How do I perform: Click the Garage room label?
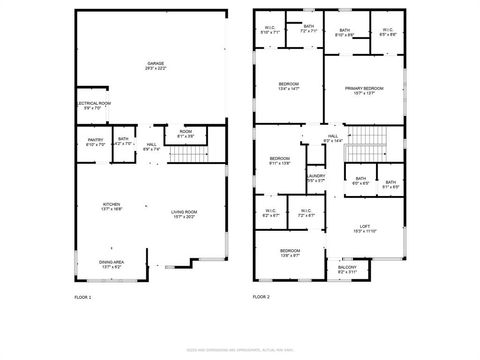[x=155, y=65]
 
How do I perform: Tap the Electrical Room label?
[x=93, y=104]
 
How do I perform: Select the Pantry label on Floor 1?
[x=96, y=141]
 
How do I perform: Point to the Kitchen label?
[x=111, y=205]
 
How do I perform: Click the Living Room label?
[x=183, y=212]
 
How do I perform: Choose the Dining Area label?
[x=111, y=264]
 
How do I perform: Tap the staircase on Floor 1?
[x=185, y=153]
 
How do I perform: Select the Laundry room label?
[x=316, y=178]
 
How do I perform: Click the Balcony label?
[x=347, y=268]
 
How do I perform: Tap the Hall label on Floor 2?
[x=333, y=138]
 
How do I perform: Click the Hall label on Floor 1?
[x=151, y=146]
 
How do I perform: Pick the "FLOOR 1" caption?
[x=83, y=297]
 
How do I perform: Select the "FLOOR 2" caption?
[x=260, y=297]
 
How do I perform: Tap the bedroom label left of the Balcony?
[x=290, y=252]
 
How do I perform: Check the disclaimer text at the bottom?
[x=240, y=350]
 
